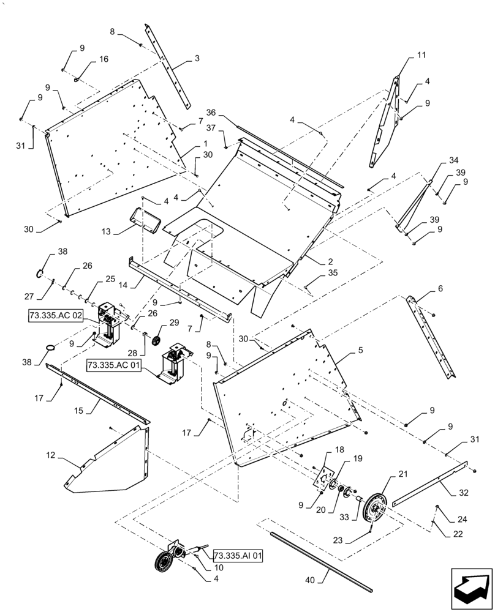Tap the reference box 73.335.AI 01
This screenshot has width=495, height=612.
pyautogui.click(x=238, y=556)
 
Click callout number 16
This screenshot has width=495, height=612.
pyautogui.click(x=104, y=59)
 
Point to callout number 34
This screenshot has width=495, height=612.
pyautogui.click(x=453, y=160)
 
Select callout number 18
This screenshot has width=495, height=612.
pyautogui.click(x=339, y=450)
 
